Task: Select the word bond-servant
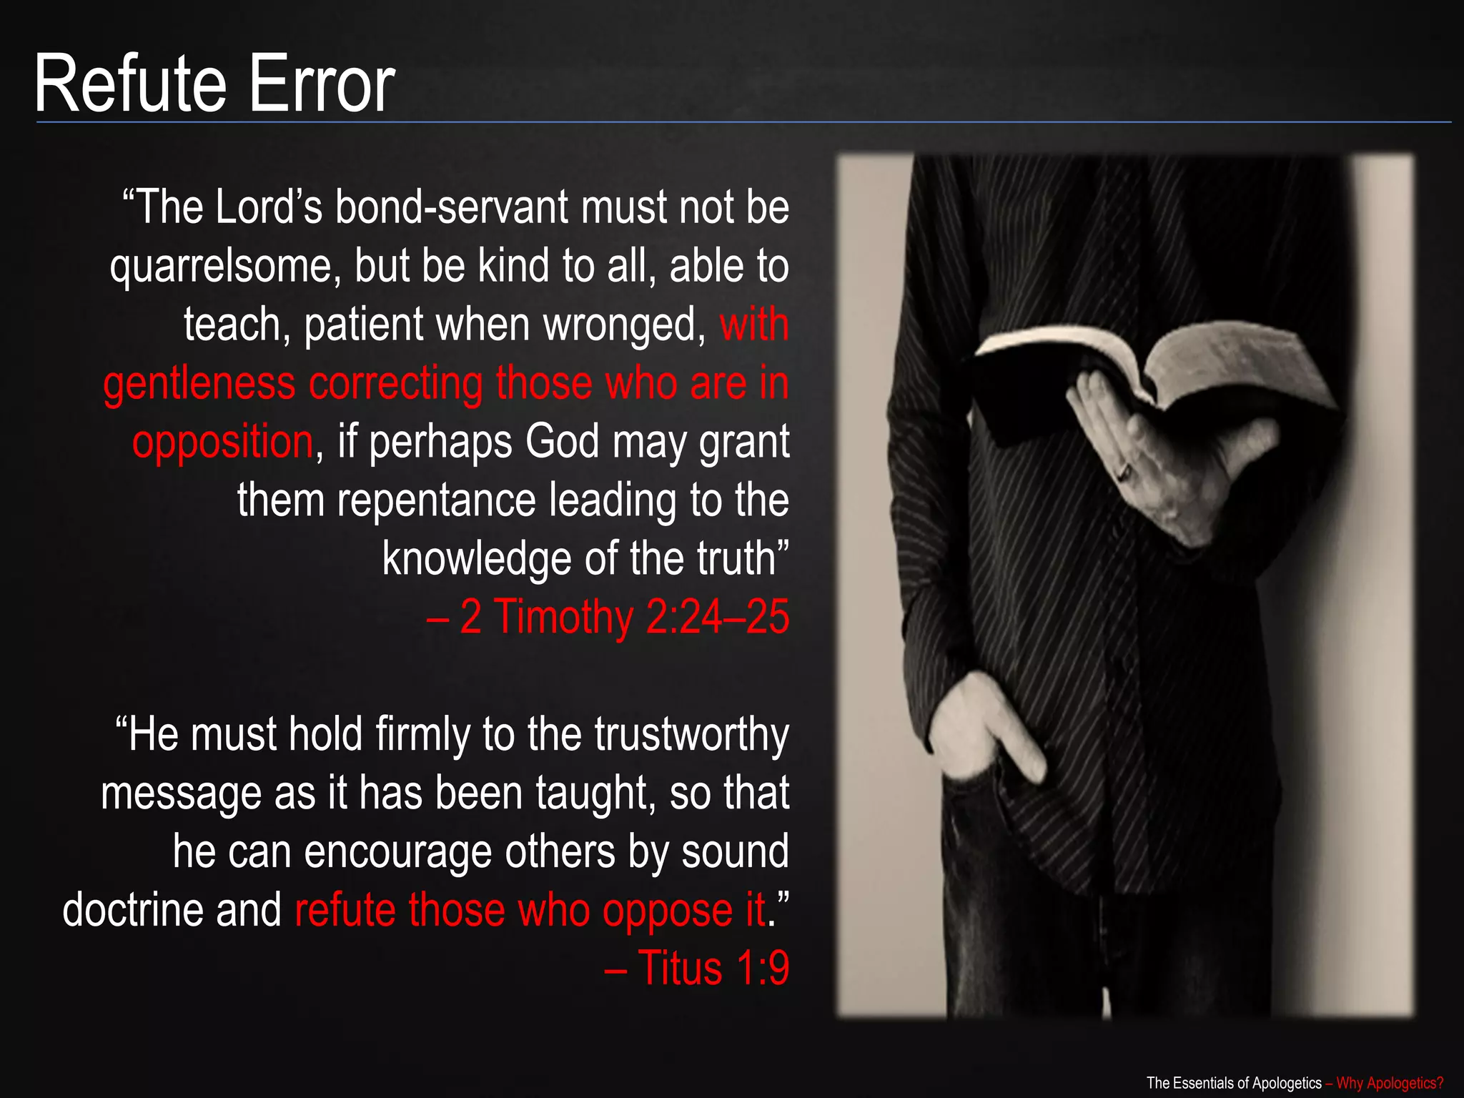click(x=451, y=208)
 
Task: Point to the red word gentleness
click(x=199, y=384)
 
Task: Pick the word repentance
click(x=436, y=500)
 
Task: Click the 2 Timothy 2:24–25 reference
click(x=608, y=618)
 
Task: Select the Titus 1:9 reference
click(x=697, y=969)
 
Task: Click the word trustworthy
click(x=691, y=735)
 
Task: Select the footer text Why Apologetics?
click(x=1389, y=1083)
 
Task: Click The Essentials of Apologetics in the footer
click(x=1234, y=1083)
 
